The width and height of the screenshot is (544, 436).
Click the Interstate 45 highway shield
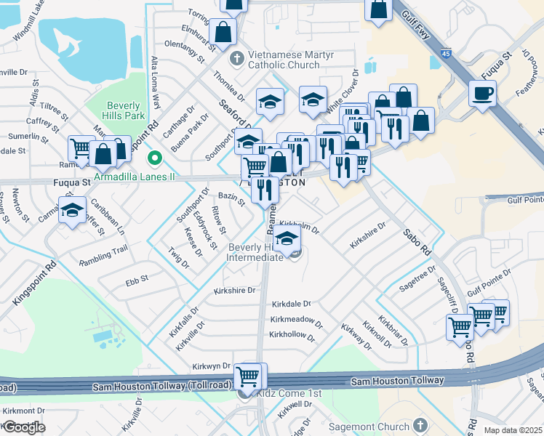point(444,52)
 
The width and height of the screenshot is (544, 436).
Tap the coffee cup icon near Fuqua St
point(481,93)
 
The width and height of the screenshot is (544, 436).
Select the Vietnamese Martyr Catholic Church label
point(284,60)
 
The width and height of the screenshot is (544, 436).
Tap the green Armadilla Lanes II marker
point(153,157)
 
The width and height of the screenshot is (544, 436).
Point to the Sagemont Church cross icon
point(419,425)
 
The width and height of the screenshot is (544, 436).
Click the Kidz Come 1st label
point(289,393)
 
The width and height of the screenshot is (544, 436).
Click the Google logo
point(23,427)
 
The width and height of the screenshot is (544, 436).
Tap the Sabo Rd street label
point(416,239)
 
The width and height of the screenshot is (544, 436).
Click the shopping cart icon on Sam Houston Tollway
point(249,376)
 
